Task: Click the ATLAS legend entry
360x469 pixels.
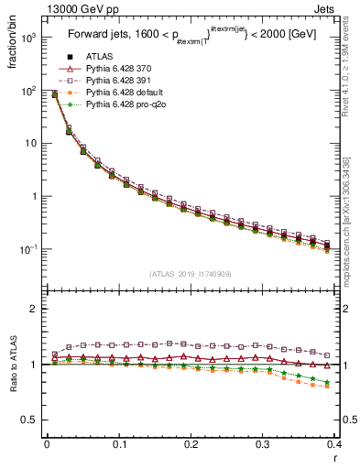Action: click(x=99, y=56)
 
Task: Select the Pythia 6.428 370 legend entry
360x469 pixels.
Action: click(x=115, y=69)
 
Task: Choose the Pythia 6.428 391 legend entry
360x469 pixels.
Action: click(x=115, y=82)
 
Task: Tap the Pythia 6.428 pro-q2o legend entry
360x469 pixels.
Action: click(x=120, y=106)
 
